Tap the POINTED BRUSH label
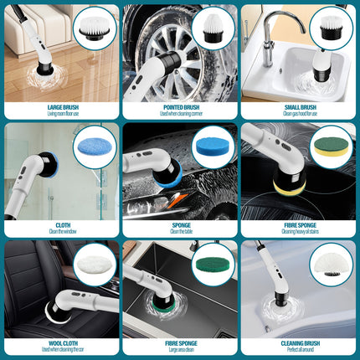pos(180,107)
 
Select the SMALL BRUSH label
pos(299,107)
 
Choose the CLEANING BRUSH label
pos(299,341)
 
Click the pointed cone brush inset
pos(214,28)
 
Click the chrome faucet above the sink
pos(271,33)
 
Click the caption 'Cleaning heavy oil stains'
pos(299,232)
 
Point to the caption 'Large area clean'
pos(180,349)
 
